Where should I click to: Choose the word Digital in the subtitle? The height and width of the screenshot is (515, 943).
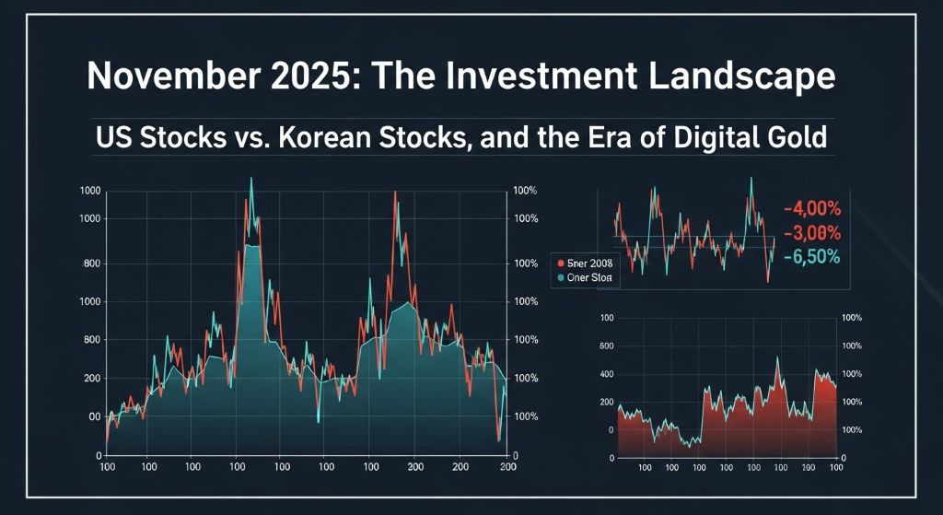[x=694, y=139]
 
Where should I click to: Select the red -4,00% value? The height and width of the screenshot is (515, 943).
[x=814, y=208]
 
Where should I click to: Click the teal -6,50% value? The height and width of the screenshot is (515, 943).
[x=814, y=257]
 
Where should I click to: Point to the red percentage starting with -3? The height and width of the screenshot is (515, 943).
[x=814, y=233]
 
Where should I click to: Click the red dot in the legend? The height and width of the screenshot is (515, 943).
[x=558, y=262]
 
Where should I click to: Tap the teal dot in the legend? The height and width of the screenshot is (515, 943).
[x=558, y=276]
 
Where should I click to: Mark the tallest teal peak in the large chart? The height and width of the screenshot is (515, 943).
[x=250, y=180]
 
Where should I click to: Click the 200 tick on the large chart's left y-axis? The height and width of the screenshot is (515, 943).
[x=116, y=379]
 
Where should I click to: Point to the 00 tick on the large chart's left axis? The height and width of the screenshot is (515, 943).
[x=119, y=416]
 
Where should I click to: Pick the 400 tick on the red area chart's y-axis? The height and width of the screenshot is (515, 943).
[x=605, y=374]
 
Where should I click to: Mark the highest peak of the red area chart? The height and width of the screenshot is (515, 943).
[x=778, y=358]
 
